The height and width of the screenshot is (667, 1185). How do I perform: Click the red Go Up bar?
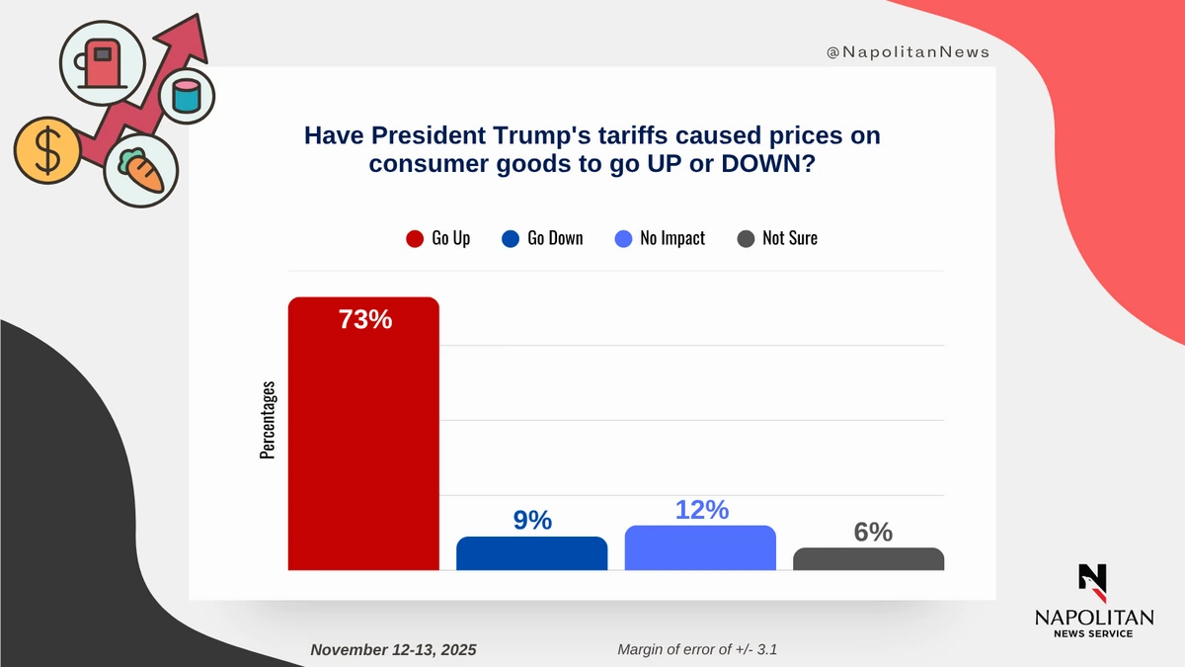(363, 435)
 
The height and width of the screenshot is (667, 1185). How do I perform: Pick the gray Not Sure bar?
(868, 559)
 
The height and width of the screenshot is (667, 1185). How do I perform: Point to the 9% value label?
(532, 520)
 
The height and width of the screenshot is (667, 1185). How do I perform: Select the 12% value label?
(701, 510)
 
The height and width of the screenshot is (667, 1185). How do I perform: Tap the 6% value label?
(872, 532)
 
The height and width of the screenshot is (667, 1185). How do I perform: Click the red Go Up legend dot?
(415, 238)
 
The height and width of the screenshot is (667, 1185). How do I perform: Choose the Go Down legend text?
(555, 238)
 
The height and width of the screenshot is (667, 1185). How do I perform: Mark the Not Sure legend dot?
(747, 238)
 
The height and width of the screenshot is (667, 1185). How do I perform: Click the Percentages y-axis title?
(268, 420)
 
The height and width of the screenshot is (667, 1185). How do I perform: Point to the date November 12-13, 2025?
(393, 650)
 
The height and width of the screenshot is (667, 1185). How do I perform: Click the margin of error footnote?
(702, 650)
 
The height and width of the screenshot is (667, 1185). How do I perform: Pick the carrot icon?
(142, 170)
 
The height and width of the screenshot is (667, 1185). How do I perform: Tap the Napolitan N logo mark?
(1092, 583)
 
